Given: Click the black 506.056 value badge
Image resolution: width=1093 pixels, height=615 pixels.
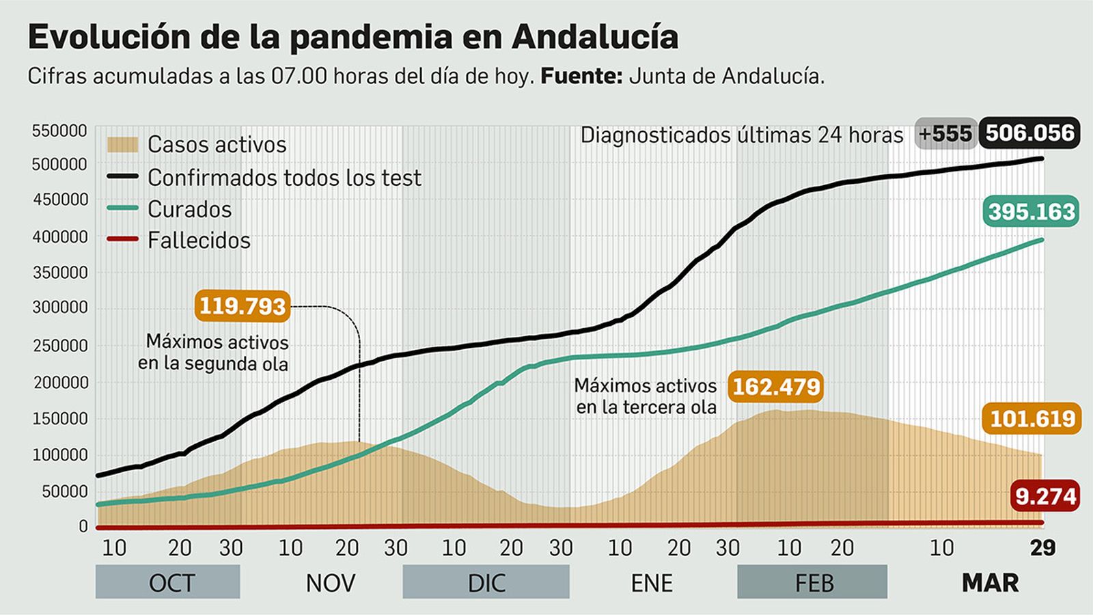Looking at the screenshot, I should point(1029,133).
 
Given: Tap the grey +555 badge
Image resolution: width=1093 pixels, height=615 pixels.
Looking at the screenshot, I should point(945,133).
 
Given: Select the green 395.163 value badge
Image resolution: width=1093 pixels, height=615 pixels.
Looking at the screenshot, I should point(1032,212).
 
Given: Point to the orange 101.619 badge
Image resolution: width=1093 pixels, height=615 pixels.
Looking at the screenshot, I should point(1032,418).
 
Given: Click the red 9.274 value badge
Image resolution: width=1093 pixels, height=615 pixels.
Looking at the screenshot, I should point(1045,496).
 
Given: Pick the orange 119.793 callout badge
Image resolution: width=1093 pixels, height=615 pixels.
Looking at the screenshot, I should point(242,305).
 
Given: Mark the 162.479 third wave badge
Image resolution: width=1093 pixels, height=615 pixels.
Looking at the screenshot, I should point(775,387).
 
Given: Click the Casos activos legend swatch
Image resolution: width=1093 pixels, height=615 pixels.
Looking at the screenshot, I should point(122,145).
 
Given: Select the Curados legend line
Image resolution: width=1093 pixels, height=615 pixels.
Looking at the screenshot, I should point(122,209).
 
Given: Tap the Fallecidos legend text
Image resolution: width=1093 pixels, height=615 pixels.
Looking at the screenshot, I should point(199,241).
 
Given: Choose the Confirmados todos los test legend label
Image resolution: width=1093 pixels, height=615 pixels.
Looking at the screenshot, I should point(284,178).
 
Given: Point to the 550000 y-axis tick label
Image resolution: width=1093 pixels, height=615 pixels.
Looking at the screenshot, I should point(60,131).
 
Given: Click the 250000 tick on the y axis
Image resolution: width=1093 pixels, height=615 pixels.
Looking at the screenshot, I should point(60,346).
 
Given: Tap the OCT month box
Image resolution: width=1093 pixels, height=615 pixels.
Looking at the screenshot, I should point(168,582).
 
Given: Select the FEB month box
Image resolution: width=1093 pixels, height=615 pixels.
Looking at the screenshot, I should point(812,582).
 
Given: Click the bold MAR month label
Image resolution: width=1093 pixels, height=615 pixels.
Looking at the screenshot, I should point(990,583).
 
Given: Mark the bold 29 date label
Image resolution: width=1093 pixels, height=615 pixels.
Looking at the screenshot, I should point(1042,547).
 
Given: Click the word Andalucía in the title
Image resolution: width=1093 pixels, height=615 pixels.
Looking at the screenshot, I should point(594,37).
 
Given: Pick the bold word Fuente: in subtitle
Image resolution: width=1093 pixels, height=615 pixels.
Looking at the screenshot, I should point(581,76).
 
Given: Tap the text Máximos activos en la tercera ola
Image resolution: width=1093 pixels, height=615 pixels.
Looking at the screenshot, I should point(646,396).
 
